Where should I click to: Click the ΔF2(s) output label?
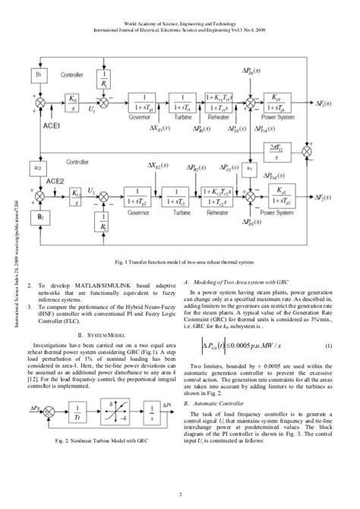[336, 199]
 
